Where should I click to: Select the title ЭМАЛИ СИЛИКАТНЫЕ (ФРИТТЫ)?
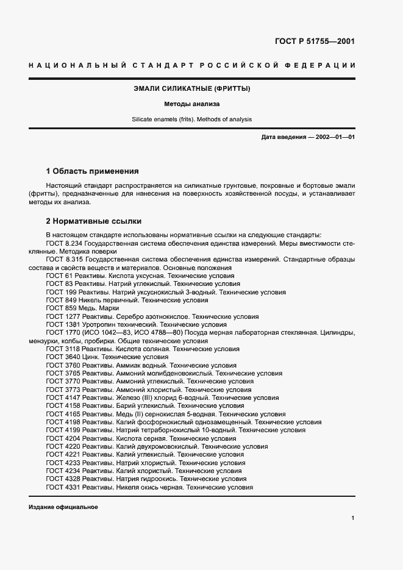coord(192,88)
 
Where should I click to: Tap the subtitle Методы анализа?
coord(192,104)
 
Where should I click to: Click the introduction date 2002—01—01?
coord(333,137)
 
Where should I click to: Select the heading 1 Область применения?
coord(93,171)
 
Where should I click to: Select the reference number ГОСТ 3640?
coord(63,358)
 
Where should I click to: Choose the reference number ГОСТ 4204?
coord(63,438)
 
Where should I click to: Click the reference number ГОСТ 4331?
coord(63,488)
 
